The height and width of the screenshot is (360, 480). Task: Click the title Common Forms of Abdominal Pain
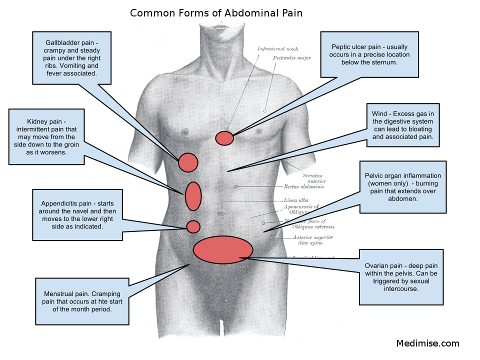point(216,13)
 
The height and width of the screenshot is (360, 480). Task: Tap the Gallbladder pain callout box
point(71,57)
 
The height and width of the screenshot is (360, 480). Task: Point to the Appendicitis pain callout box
point(77,215)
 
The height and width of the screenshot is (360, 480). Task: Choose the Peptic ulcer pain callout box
point(370,54)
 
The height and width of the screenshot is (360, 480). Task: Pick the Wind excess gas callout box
point(402,125)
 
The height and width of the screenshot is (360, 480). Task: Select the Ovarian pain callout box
point(401,276)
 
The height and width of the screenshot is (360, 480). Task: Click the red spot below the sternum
point(224,138)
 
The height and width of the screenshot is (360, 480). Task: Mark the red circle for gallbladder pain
point(188,162)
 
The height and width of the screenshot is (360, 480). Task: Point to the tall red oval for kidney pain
point(193,196)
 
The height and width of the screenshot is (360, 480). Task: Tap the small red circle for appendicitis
point(193,226)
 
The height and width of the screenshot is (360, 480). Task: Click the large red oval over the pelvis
point(223,249)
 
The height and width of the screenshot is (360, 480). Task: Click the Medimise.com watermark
point(427,343)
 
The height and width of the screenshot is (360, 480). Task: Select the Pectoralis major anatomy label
point(291,58)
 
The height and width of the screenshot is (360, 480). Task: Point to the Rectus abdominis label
point(304,186)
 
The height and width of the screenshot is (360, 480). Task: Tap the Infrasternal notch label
point(278,49)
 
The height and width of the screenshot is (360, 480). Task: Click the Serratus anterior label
point(312,178)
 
